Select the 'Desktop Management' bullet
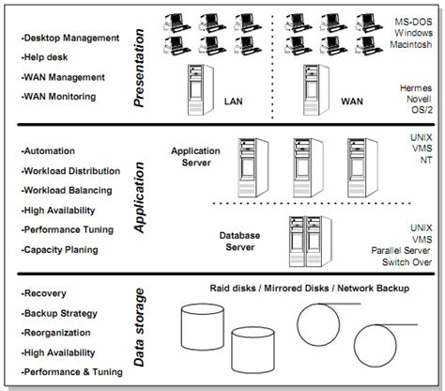pyautogui.click(x=70, y=38)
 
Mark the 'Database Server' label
pyautogui.click(x=239, y=242)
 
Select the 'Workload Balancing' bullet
pyautogui.click(x=70, y=191)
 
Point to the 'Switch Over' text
pyautogui.click(x=407, y=263)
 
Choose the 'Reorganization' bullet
pyautogui.click(x=58, y=332)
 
